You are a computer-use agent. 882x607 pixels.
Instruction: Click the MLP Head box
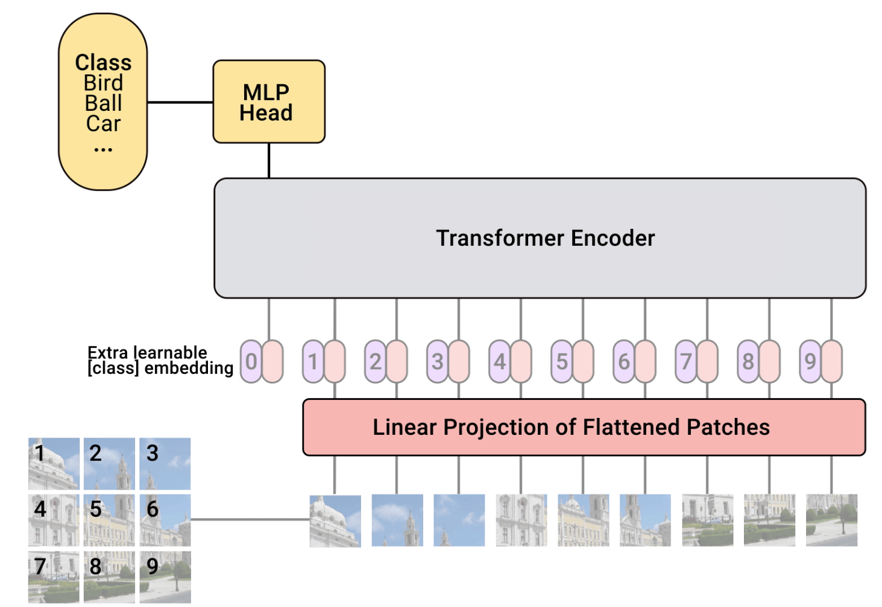tap(269, 102)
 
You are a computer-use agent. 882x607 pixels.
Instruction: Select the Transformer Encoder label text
tap(545, 238)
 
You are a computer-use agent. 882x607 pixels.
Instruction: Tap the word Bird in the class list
tap(103, 83)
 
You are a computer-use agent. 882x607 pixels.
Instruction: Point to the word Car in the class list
tap(103, 124)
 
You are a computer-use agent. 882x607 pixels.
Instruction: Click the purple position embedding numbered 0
tap(251, 361)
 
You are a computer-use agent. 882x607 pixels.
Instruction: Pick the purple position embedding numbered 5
tap(561, 361)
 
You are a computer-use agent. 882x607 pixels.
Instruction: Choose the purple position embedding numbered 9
tap(810, 361)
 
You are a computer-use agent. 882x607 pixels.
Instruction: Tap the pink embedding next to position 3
tap(459, 361)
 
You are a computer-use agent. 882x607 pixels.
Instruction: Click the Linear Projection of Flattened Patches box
tap(584, 427)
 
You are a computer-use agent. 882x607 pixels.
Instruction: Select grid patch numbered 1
tap(54, 463)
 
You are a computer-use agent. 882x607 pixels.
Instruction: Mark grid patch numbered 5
tap(109, 520)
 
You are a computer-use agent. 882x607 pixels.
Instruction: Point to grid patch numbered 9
tap(165, 577)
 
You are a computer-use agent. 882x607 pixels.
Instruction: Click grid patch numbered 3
tap(165, 463)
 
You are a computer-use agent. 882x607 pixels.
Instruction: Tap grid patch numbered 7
tap(54, 577)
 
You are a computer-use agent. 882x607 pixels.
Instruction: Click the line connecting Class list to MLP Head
tap(180, 102)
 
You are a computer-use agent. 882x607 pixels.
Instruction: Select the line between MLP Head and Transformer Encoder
tap(269, 160)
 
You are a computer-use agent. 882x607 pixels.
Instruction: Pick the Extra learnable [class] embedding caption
tap(160, 361)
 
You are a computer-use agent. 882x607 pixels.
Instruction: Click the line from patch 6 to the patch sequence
tap(250, 519)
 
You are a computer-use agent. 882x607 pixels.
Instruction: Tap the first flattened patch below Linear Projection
tap(335, 521)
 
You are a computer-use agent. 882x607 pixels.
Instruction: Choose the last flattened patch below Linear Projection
tap(831, 520)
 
